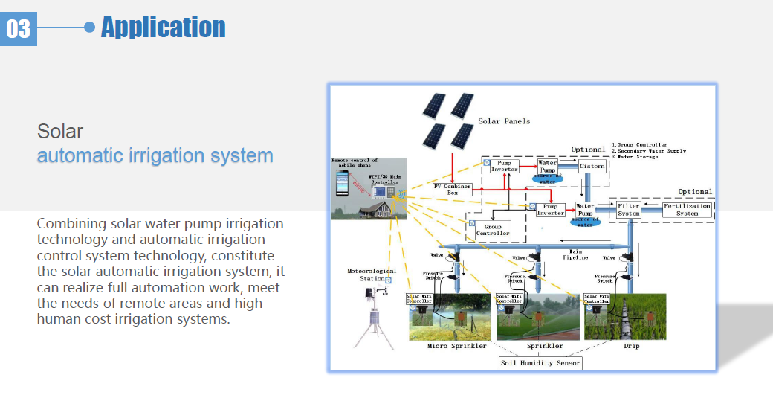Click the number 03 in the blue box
click(x=19, y=28)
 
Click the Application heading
click(x=163, y=28)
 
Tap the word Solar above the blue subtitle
click(x=60, y=132)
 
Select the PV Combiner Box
click(x=453, y=189)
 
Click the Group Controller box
click(x=493, y=230)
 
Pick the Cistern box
click(x=592, y=166)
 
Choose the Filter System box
click(x=628, y=209)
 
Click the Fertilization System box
click(x=687, y=209)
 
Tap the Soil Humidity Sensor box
click(x=540, y=362)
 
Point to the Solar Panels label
click(x=504, y=121)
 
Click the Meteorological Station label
click(x=372, y=275)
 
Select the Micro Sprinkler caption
click(x=456, y=346)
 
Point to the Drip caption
click(x=630, y=346)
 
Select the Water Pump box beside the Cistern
click(x=548, y=166)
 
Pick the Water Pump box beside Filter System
click(x=585, y=209)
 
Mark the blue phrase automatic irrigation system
click(x=155, y=156)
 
